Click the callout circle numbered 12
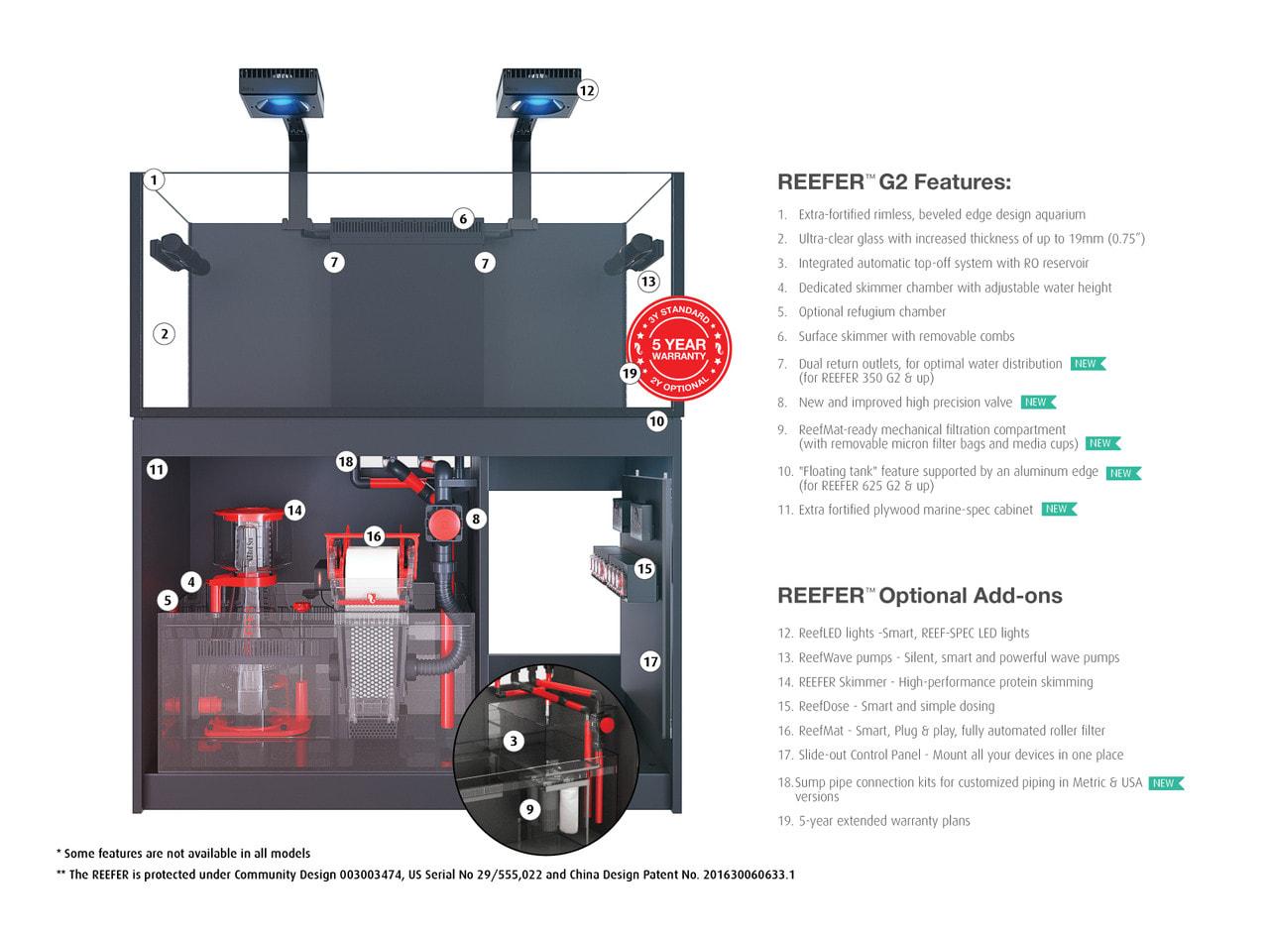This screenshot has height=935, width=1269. coord(587,90)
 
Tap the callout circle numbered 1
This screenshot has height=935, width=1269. coord(154,179)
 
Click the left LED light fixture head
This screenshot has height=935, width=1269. coord(279,92)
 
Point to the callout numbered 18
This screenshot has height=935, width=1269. coord(345,461)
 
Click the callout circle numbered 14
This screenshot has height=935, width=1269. coord(294,510)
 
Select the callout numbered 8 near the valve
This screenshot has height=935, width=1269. coord(476,519)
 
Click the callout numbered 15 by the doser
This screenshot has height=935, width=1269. coord(644,568)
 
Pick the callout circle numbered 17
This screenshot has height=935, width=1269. coord(650,661)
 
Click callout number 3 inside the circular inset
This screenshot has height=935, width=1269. coord(513,741)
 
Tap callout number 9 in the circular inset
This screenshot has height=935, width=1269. coord(529,810)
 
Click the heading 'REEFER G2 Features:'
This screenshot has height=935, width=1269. coord(893,182)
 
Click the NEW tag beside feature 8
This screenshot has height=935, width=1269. coord(1037,403)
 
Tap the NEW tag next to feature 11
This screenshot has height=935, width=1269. coord(1058,510)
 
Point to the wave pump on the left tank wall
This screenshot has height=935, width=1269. coord(178,254)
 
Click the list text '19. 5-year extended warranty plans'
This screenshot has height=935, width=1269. coord(873,821)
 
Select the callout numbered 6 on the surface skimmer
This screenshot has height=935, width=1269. coord(462,219)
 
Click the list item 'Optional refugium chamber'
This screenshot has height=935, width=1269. coord(871,312)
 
